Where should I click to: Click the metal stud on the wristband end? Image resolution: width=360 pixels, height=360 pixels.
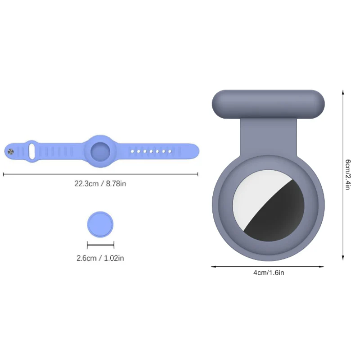click(10, 152)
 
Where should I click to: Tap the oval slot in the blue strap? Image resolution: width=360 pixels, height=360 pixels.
click(31, 151)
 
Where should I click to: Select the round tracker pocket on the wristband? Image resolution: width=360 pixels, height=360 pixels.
click(100, 152)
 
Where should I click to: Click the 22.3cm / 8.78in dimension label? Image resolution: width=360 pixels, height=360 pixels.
click(100, 184)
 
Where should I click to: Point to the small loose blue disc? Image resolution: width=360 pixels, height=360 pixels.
click(100, 224)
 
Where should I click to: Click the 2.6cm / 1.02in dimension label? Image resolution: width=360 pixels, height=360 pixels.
click(100, 258)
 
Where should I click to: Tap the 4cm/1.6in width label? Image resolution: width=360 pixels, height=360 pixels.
click(269, 273)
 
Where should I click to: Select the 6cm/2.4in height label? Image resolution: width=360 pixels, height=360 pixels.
click(348, 175)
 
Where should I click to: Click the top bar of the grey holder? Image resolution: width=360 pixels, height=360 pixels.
click(268, 104)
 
